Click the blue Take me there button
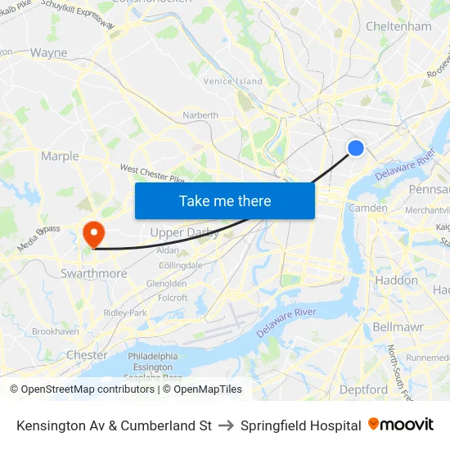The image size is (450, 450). (225, 200)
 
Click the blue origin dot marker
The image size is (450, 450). (356, 147)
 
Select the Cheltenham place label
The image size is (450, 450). (398, 26)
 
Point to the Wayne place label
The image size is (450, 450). (48, 53)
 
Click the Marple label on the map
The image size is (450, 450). (60, 156)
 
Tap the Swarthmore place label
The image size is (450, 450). (93, 273)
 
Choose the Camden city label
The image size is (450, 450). (368, 208)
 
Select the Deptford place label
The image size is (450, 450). (363, 389)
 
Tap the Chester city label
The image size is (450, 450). (87, 355)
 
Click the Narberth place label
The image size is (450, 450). (200, 115)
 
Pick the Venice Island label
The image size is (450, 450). (232, 81)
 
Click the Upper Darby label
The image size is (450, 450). (184, 232)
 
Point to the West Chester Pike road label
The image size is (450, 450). (152, 174)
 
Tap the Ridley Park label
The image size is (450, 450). (125, 313)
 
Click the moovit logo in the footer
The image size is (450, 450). (401, 425)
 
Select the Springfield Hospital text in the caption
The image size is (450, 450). (300, 425)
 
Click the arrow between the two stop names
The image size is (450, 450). (226, 425)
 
